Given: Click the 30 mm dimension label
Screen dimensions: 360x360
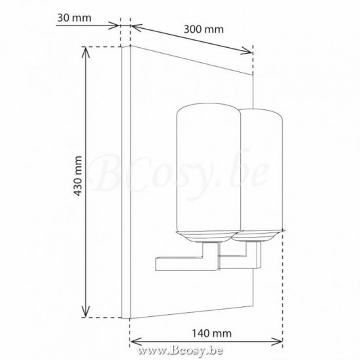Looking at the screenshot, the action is click(74, 18).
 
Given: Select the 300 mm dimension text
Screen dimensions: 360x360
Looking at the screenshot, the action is click(204, 29).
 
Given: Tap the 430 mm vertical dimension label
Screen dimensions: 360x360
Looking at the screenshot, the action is click(78, 176).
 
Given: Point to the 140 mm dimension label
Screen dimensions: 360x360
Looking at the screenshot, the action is click(211, 333).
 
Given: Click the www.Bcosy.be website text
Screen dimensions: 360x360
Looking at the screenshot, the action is click(180, 351).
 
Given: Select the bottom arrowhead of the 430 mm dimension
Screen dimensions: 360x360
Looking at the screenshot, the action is click(86, 312).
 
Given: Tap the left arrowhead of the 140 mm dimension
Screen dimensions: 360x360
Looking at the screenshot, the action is click(135, 342).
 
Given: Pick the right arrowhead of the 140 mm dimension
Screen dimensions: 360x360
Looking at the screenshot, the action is click(277, 342).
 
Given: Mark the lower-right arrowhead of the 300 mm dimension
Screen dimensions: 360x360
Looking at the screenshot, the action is click(247, 51).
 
